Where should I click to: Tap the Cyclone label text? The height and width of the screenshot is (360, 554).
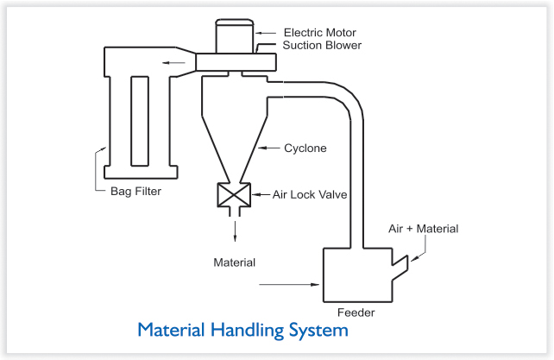(x=305, y=148)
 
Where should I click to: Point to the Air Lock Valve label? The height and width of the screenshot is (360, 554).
(x=310, y=194)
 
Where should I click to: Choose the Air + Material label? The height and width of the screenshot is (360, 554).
(x=423, y=229)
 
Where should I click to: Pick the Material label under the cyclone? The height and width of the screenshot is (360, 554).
(x=235, y=261)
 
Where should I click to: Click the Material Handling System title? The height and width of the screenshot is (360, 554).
(x=242, y=330)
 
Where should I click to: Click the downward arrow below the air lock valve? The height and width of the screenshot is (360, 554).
(x=235, y=230)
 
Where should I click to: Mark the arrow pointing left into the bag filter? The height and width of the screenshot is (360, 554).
(x=173, y=62)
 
